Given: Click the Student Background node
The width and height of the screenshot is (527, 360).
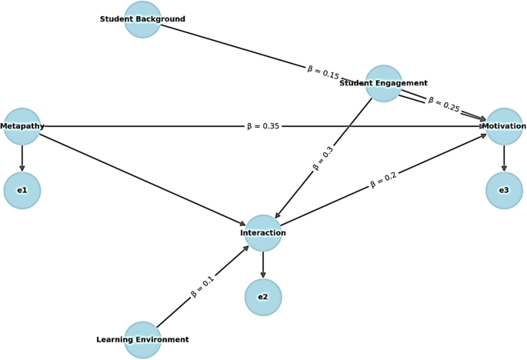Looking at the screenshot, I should (x=143, y=19).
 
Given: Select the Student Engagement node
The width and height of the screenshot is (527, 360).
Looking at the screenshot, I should (x=383, y=83).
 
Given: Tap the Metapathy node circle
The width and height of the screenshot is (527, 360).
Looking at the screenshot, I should (x=22, y=126).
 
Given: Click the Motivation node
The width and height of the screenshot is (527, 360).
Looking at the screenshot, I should (x=504, y=126).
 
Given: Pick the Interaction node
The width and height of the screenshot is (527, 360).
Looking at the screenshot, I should (x=263, y=233).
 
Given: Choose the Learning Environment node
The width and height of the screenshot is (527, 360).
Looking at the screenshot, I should (x=143, y=339).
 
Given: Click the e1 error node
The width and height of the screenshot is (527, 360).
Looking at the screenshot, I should (x=22, y=190).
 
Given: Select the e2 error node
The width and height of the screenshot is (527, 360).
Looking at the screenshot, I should (x=263, y=297).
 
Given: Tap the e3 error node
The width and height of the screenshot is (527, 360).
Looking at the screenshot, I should (x=504, y=190).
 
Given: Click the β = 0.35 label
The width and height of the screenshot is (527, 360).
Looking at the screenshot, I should (x=263, y=126).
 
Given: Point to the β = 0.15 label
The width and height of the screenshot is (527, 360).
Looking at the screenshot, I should (x=323, y=73).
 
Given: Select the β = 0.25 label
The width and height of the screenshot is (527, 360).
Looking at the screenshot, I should (x=444, y=105).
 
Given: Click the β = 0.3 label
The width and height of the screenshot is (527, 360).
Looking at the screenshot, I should (x=323, y=158).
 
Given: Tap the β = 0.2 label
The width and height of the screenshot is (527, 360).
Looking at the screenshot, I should (x=383, y=180).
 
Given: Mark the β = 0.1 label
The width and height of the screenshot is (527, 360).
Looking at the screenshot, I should (x=203, y=286).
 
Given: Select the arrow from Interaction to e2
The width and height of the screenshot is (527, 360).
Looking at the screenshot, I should (x=263, y=265).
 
